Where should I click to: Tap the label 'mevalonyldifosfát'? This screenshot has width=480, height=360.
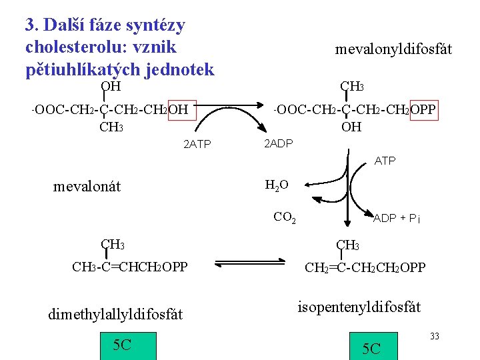pyautogui.click(x=393, y=49)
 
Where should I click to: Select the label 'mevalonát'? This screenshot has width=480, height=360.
pyautogui.click(x=87, y=186)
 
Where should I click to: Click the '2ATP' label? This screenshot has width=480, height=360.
pyautogui.click(x=197, y=144)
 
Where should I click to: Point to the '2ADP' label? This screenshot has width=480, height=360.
pyautogui.click(x=279, y=144)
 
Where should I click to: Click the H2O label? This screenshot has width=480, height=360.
pyautogui.click(x=277, y=185)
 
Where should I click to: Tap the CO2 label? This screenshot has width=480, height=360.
pyautogui.click(x=285, y=216)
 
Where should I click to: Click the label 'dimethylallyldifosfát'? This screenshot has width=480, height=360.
pyautogui.click(x=115, y=314)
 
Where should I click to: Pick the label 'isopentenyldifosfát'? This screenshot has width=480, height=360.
pyautogui.click(x=359, y=307)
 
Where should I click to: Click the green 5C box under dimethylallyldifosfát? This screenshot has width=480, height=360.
pyautogui.click(x=123, y=345)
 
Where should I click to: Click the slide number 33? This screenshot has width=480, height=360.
pyautogui.click(x=434, y=336)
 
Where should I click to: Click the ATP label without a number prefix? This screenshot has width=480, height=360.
pyautogui.click(x=385, y=161)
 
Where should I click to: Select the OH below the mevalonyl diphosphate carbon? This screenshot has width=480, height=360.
pyautogui.click(x=351, y=127)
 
